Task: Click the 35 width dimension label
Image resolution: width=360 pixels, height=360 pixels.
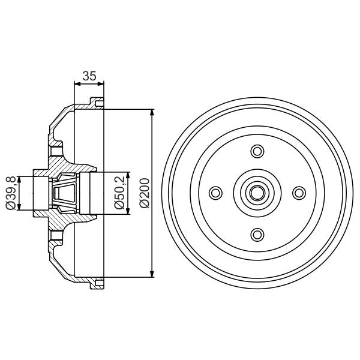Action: (x=89, y=76)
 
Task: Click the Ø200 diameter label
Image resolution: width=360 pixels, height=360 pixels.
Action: (x=144, y=193)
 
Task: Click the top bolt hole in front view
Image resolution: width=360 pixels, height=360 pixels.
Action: (x=257, y=151)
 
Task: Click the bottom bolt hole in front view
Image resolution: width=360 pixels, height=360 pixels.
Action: (x=257, y=233)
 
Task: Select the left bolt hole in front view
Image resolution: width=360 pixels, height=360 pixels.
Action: (x=215, y=192)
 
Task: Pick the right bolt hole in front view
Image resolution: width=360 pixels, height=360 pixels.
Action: (x=298, y=192)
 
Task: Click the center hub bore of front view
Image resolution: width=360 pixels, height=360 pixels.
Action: (x=257, y=192)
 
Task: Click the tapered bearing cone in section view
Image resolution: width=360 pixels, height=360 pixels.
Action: (x=64, y=193)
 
